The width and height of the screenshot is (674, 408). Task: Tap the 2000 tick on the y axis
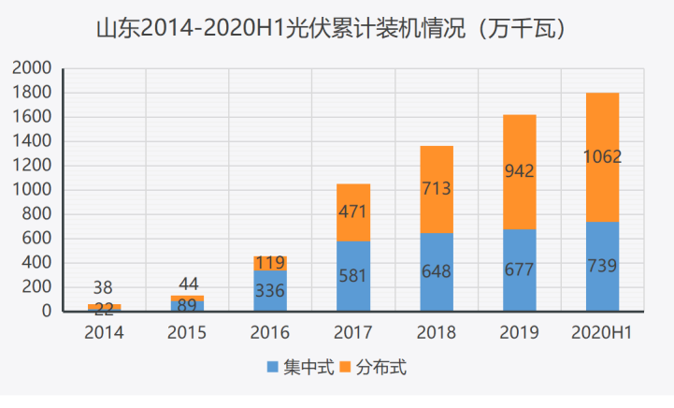click(x=33, y=68)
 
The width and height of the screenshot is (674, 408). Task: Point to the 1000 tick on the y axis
click(x=33, y=190)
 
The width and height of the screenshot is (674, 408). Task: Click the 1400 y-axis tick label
click(x=33, y=141)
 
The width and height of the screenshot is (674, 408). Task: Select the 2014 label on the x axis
click(x=104, y=332)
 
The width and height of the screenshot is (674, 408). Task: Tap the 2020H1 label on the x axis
click(x=602, y=332)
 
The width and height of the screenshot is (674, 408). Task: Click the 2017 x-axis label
click(x=353, y=332)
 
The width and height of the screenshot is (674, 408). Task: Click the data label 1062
click(x=602, y=157)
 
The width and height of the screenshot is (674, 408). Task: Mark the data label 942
click(x=519, y=171)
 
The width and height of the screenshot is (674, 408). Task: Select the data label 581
click(x=353, y=277)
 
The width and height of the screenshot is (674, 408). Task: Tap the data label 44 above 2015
click(x=187, y=284)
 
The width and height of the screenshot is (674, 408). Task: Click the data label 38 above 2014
click(x=104, y=289)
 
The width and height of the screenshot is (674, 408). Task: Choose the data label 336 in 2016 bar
click(x=270, y=291)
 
